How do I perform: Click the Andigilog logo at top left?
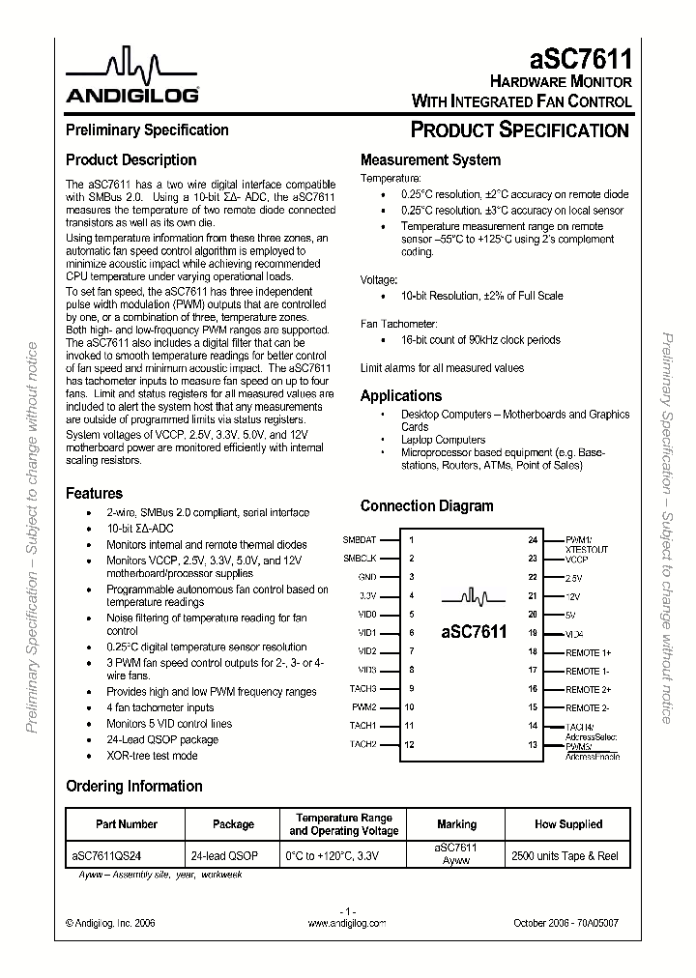132,78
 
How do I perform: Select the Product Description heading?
130,160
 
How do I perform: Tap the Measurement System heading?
430,160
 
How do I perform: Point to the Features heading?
94,493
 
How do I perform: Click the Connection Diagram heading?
426,506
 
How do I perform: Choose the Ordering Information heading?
133,786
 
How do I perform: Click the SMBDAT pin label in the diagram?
359,540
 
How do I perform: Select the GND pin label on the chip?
366,577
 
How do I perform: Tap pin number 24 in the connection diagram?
533,540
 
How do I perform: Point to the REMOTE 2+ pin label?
589,689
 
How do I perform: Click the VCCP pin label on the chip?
577,559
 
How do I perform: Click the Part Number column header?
127,824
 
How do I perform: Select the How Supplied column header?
567,824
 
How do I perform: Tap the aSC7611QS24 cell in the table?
111,855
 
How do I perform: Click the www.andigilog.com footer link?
346,924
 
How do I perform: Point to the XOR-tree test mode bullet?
152,756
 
